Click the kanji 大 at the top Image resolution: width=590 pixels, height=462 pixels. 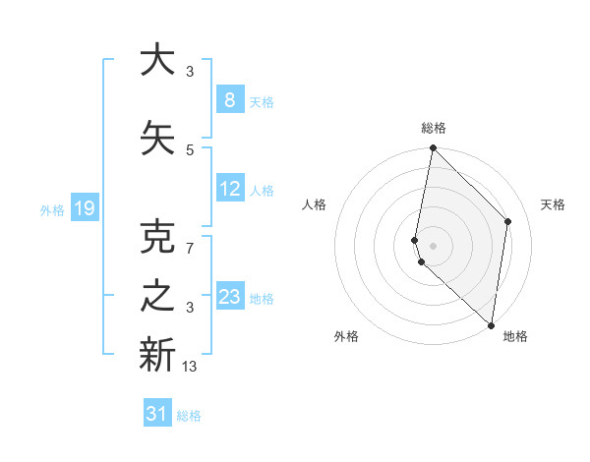pyautogui.click(x=157, y=60)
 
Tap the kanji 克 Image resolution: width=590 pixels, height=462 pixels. pyautogui.click(x=157, y=239)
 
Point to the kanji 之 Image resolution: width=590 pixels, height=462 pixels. pyautogui.click(x=157, y=298)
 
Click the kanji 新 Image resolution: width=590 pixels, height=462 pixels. pyautogui.click(x=157, y=355)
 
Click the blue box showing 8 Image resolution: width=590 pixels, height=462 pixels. pyautogui.click(x=229, y=101)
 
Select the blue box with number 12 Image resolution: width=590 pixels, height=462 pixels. pyautogui.click(x=230, y=190)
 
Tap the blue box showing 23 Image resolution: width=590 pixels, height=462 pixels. pyautogui.click(x=230, y=298)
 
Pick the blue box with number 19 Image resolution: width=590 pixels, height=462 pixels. pyautogui.click(x=85, y=208)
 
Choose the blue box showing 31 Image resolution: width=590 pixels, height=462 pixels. pyautogui.click(x=157, y=414)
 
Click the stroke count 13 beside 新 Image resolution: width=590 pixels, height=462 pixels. pyautogui.click(x=190, y=367)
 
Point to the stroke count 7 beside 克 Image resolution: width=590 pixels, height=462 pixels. pyautogui.click(x=190, y=249)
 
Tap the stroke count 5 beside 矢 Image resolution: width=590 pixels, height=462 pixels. pyautogui.click(x=190, y=149)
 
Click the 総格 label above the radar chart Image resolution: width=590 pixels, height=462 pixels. pyautogui.click(x=433, y=128)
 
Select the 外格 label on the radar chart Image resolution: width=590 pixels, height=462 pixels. pyautogui.click(x=346, y=336)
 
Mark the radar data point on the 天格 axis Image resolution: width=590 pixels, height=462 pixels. pyautogui.click(x=508, y=221)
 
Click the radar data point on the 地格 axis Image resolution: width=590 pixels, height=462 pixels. pyautogui.click(x=492, y=325)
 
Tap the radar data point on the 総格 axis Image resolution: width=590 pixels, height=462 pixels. pyautogui.click(x=433, y=148)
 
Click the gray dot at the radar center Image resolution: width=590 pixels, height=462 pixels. pyautogui.click(x=433, y=245)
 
